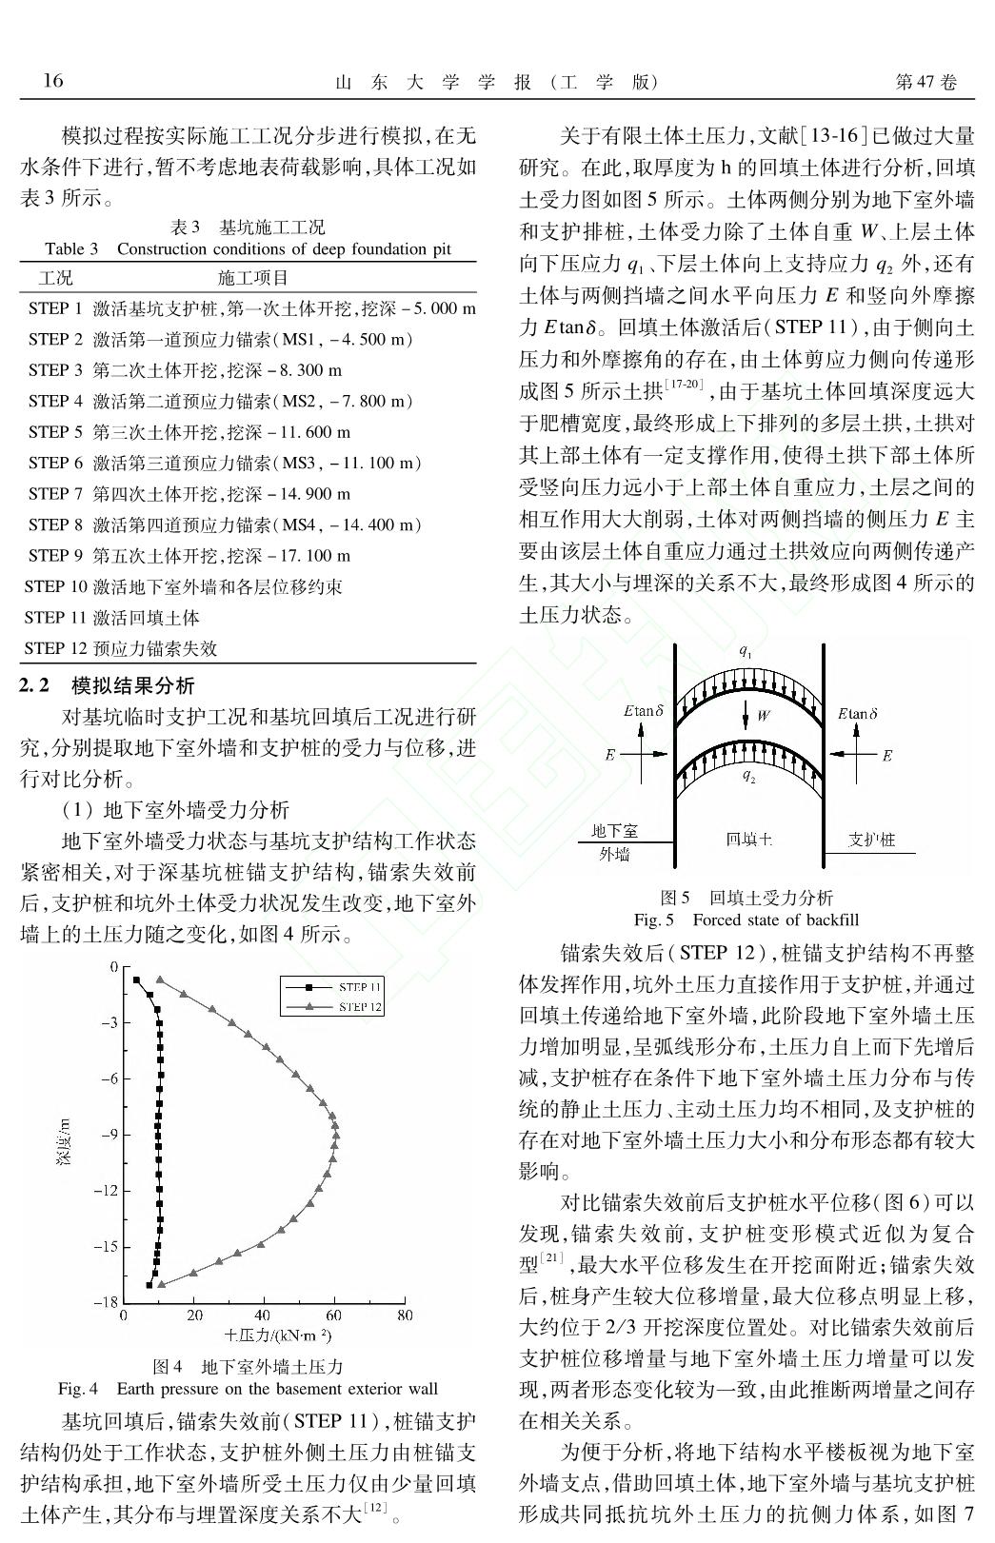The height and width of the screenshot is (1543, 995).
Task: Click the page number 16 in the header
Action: (53, 80)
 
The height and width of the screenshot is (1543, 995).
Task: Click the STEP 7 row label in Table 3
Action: (55, 494)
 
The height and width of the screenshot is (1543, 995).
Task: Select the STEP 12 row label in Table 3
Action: (57, 648)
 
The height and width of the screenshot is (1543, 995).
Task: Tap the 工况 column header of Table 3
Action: (55, 277)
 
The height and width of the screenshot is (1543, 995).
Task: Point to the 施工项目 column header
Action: (252, 277)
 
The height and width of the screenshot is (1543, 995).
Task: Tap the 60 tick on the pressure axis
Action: (334, 1316)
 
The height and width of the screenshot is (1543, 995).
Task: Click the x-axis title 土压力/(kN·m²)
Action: (278, 1335)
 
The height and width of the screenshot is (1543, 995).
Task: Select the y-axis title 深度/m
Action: (64, 1141)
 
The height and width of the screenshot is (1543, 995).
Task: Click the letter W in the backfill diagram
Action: (763, 716)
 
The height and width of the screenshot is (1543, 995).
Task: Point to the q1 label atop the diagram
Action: (746, 652)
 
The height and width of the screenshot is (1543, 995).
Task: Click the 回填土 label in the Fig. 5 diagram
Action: (748, 840)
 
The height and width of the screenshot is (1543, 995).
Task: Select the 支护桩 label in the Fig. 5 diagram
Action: (871, 840)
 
